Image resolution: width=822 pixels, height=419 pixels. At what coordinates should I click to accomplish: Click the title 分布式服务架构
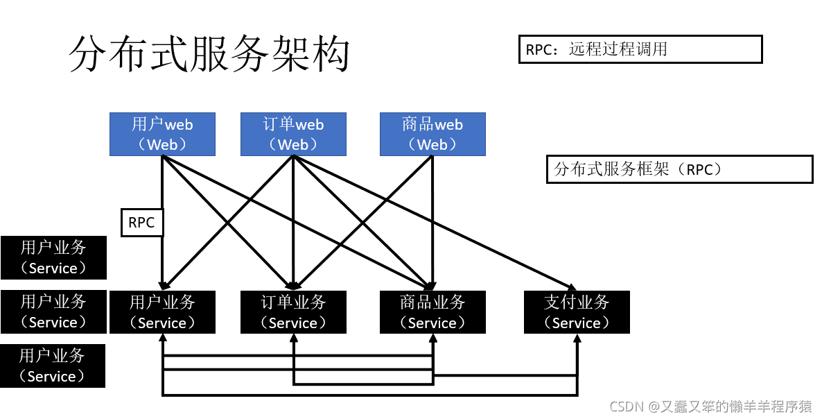pos(209,55)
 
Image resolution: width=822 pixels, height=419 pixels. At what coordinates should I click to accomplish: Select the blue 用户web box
pos(162,134)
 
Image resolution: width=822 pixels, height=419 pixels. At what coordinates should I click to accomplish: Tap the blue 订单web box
pos(293,134)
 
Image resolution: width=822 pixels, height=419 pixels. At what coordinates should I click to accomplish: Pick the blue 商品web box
pos(432,134)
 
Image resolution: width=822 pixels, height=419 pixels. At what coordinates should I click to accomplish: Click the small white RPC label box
pos(142,223)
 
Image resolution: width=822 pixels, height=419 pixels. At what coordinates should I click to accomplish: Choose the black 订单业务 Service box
pos(293,312)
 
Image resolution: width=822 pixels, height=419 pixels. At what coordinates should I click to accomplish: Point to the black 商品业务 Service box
pos(432,312)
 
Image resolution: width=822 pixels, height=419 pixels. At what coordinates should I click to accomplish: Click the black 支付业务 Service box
pos(577,312)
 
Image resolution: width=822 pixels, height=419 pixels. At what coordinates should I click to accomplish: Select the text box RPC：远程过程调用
pos(640,49)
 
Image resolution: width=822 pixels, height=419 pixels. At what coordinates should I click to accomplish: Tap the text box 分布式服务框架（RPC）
pos(679,169)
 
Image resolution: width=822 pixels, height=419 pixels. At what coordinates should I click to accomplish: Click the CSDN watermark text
pos(711,407)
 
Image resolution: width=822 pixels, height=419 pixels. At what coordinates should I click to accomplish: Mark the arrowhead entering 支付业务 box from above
pos(573,287)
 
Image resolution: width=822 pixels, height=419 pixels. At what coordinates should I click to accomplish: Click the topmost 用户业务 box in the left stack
pos(53,257)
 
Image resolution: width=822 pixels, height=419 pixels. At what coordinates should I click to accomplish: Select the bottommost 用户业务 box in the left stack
pos(53,366)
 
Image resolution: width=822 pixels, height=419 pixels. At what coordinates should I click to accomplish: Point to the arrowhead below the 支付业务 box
pos(577,338)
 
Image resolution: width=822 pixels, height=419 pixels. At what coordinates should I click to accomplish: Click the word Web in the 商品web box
pos(432,145)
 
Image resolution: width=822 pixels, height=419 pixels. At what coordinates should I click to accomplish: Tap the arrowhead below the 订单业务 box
pos(293,338)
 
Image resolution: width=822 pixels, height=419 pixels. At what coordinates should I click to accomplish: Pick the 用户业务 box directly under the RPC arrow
pos(162,312)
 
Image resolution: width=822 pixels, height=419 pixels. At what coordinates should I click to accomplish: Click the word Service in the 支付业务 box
pos(577,323)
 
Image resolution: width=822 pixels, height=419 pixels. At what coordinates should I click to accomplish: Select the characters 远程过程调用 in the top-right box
pos(618,49)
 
